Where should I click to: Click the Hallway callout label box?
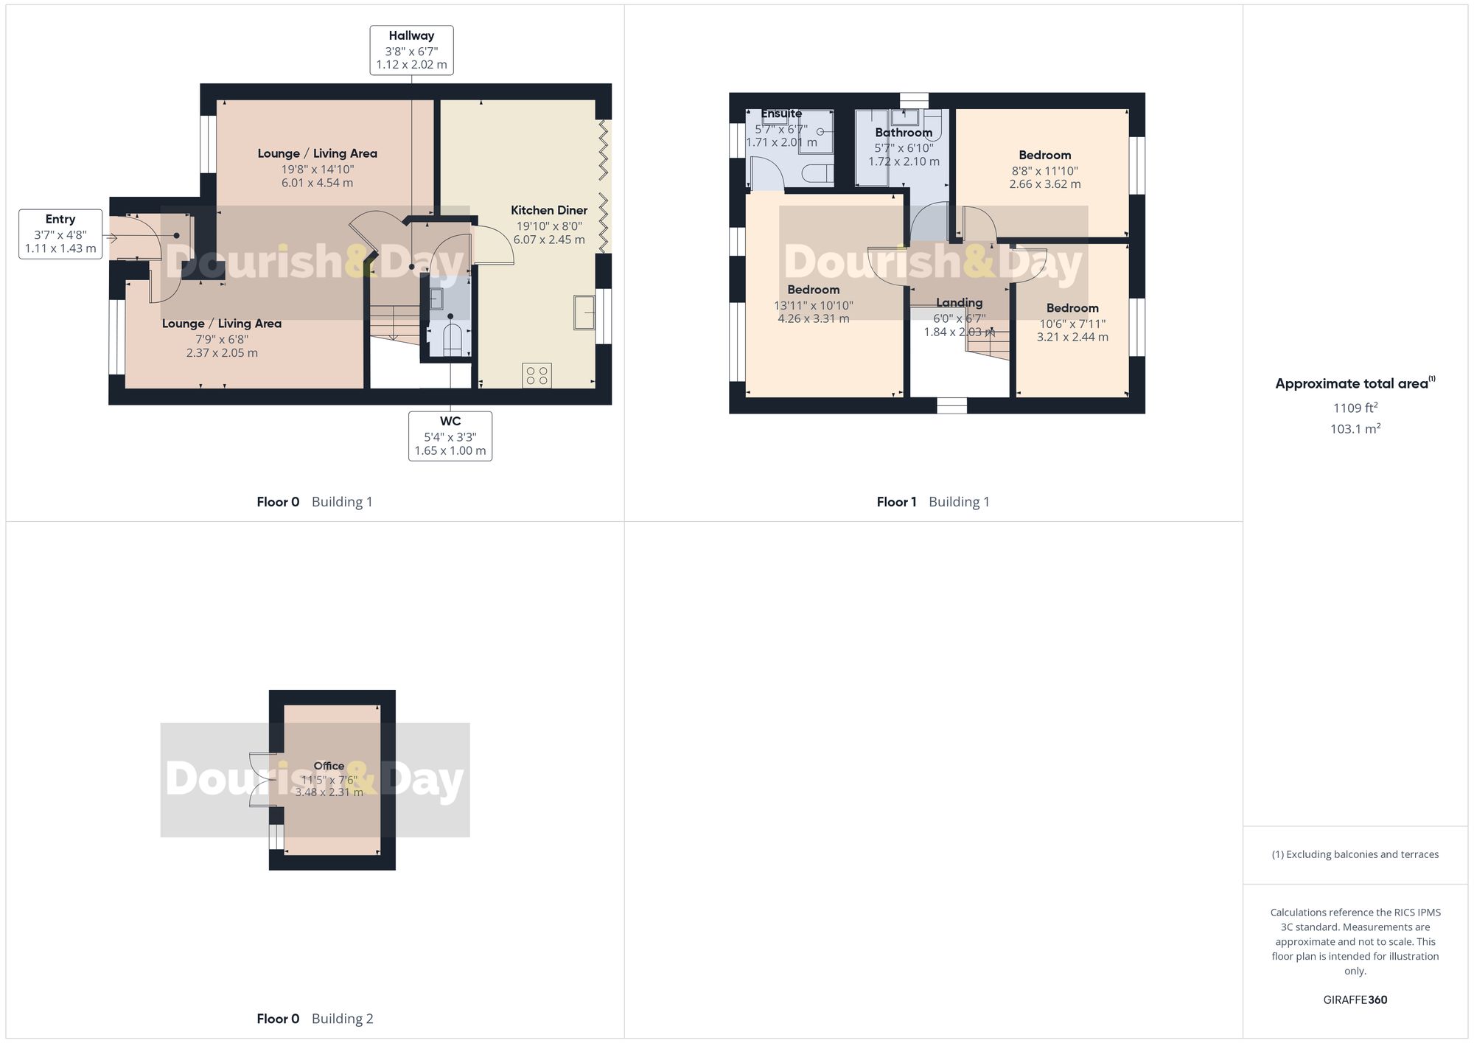click(411, 50)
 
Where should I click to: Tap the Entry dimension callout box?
click(60, 234)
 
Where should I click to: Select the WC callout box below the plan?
click(450, 436)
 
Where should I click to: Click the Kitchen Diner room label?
click(549, 210)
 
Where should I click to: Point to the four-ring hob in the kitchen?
click(537, 375)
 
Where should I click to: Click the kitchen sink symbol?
click(584, 312)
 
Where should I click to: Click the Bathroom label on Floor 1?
click(904, 133)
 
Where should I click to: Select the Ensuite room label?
click(781, 114)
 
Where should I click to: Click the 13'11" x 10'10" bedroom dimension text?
click(813, 305)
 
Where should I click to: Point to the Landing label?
click(959, 302)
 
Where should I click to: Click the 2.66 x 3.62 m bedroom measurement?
click(1044, 184)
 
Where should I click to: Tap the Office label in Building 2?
click(329, 766)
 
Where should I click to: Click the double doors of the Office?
click(261, 780)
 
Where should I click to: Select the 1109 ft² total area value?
click(1355, 408)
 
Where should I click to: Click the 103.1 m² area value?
click(1355, 429)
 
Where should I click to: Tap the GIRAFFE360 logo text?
click(1355, 1000)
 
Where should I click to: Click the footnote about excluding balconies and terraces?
click(1355, 854)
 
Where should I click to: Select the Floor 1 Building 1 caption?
click(932, 502)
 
